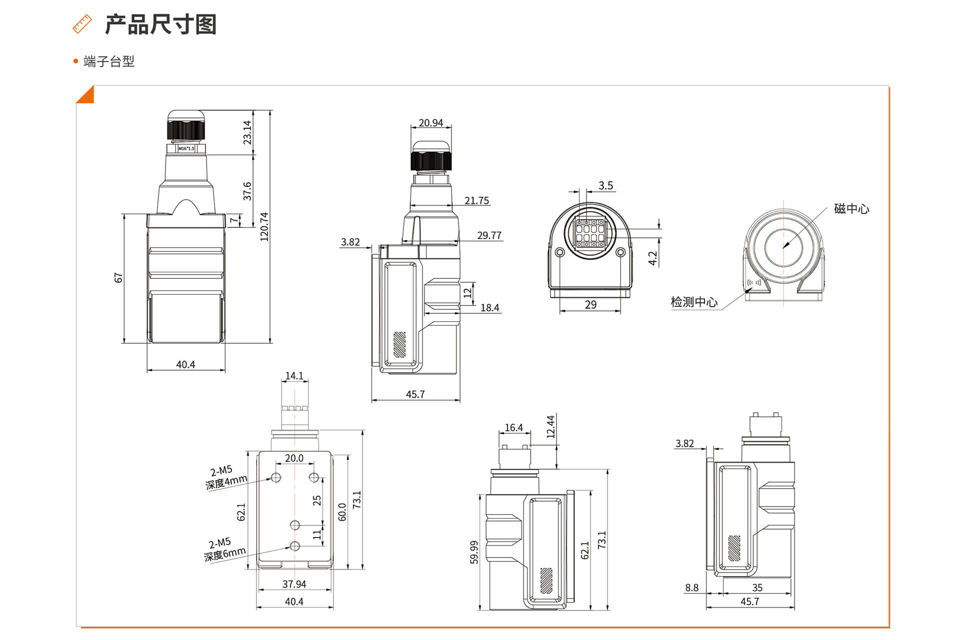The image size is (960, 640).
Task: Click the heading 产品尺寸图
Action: pos(160,24)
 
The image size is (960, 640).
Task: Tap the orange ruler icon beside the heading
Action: pos(82,24)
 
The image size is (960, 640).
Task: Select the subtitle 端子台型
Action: pos(108,61)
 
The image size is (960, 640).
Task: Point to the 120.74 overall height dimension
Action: pos(264,227)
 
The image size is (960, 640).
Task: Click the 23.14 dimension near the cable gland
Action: pos(247,132)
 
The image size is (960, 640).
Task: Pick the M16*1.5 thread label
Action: pos(186,148)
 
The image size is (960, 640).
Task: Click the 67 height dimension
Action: pos(118,278)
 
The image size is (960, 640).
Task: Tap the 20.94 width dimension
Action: pos(430,123)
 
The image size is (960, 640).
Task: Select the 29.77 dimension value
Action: pos(489,235)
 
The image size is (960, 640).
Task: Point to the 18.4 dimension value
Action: pos(489,308)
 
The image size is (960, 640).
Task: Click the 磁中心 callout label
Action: pos(851,209)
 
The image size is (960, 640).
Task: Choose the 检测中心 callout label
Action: pos(694,302)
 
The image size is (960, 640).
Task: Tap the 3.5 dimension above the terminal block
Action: pos(605,186)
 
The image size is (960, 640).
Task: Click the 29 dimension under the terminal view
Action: pos(590,305)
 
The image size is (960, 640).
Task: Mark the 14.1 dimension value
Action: pos(294,376)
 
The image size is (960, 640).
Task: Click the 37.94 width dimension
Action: pos(294,584)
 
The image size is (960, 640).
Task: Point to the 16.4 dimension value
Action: pos(513,428)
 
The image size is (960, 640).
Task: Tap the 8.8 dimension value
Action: pos(691,588)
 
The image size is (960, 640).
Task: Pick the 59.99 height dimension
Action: pos(474,552)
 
